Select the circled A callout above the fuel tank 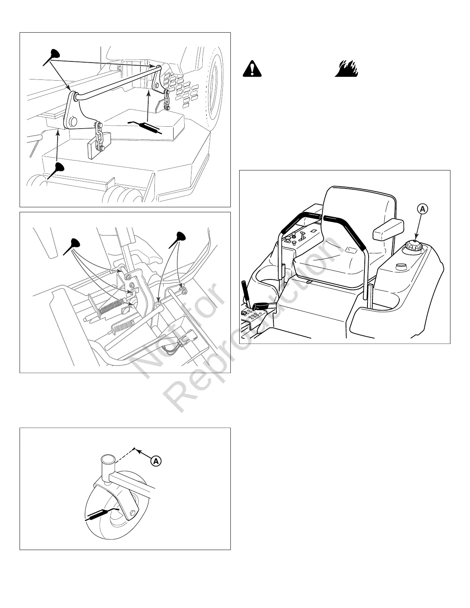pyautogui.click(x=422, y=209)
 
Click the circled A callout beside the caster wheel pyautogui.click(x=156, y=461)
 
